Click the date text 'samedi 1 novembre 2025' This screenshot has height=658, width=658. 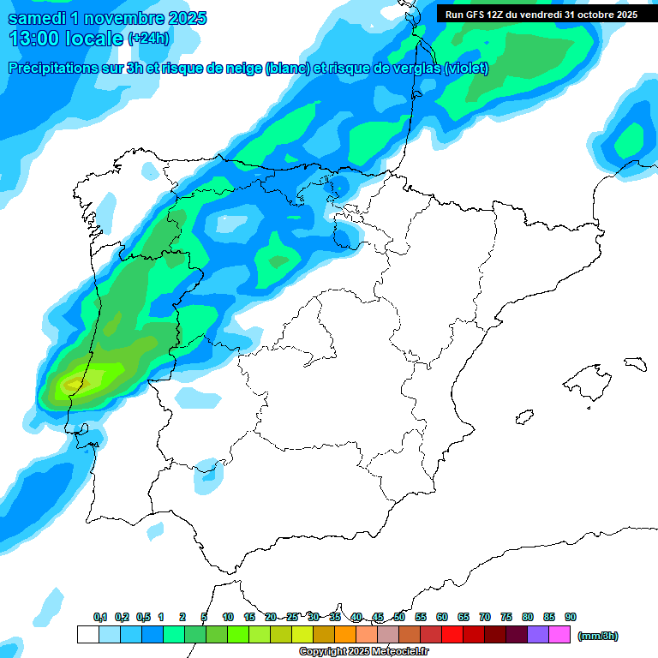point(107,18)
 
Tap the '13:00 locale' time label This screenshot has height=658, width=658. point(67,39)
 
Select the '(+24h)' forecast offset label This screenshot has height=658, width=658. point(149,39)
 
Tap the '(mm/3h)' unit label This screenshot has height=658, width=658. point(598,636)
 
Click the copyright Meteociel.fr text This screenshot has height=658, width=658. point(363,652)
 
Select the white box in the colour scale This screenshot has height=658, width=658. point(87,635)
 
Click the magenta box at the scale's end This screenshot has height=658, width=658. point(559,635)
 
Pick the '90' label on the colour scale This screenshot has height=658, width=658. point(571,617)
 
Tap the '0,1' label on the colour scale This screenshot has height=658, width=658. point(100,617)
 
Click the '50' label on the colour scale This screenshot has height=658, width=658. point(399,617)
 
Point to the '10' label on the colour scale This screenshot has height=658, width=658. point(228,617)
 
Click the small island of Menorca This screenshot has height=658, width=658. point(635,363)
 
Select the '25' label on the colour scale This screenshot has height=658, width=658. point(292,617)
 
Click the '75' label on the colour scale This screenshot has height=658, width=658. point(506,617)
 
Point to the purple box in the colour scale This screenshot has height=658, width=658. point(538,635)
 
